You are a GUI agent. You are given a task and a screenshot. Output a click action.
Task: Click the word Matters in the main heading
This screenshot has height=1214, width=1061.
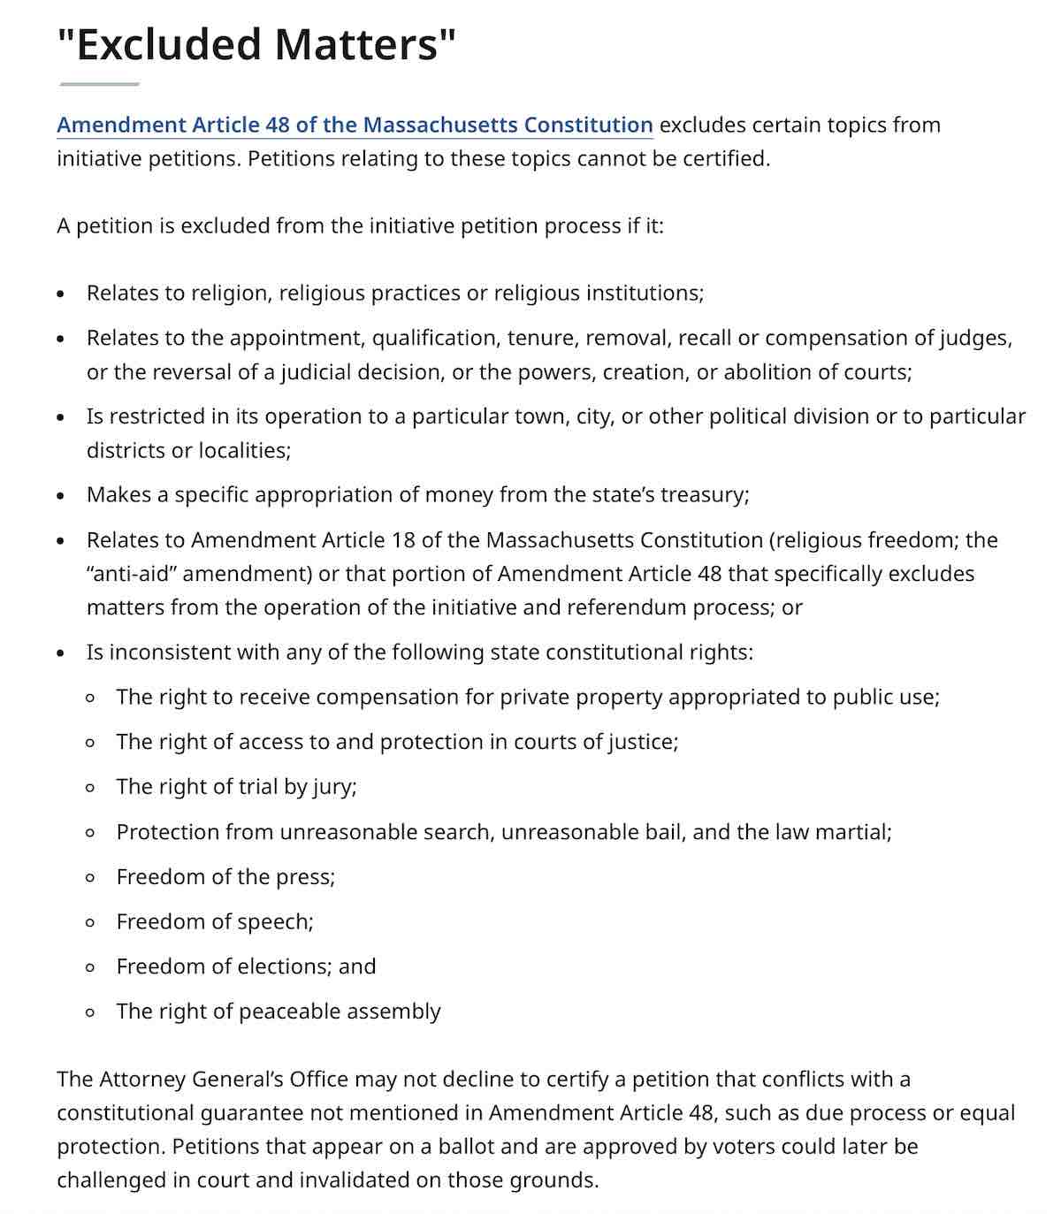pos(362,44)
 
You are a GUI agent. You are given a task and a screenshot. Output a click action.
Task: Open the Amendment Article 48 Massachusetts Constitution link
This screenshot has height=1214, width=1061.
pos(355,125)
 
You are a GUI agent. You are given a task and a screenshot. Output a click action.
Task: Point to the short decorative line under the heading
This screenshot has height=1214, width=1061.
pos(99,84)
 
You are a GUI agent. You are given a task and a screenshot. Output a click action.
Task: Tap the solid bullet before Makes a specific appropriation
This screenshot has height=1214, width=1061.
pos(60,496)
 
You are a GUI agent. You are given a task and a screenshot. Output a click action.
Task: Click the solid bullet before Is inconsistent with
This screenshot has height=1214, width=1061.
pos(60,654)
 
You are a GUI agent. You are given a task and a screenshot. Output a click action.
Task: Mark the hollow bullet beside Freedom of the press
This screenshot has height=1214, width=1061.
pos(90,878)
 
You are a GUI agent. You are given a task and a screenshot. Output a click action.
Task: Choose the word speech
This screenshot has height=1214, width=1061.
pos(275,921)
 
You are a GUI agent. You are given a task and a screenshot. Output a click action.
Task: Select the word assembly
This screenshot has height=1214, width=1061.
pos(393,1012)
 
